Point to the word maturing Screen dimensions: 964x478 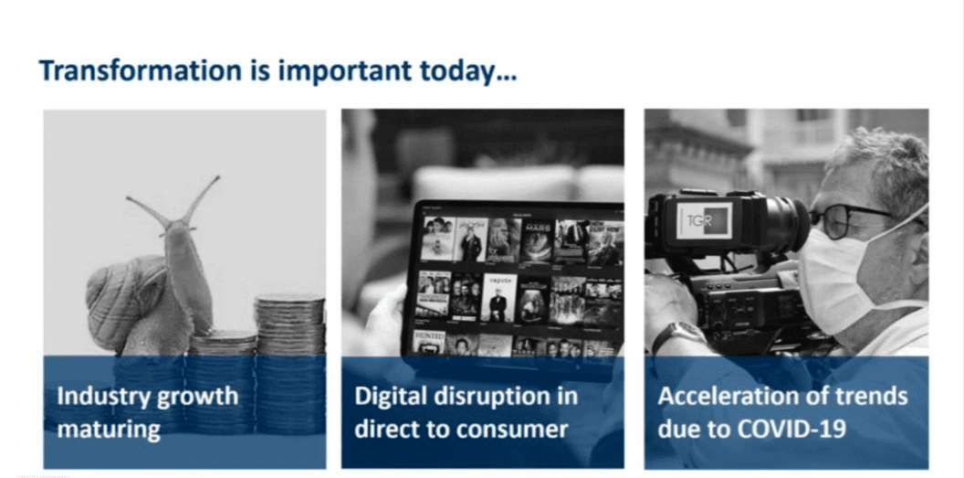pos(109,429)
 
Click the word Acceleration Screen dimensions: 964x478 pos(722,396)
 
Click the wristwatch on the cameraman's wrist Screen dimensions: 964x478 pos(679,335)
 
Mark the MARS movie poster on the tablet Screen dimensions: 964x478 pos(536,241)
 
